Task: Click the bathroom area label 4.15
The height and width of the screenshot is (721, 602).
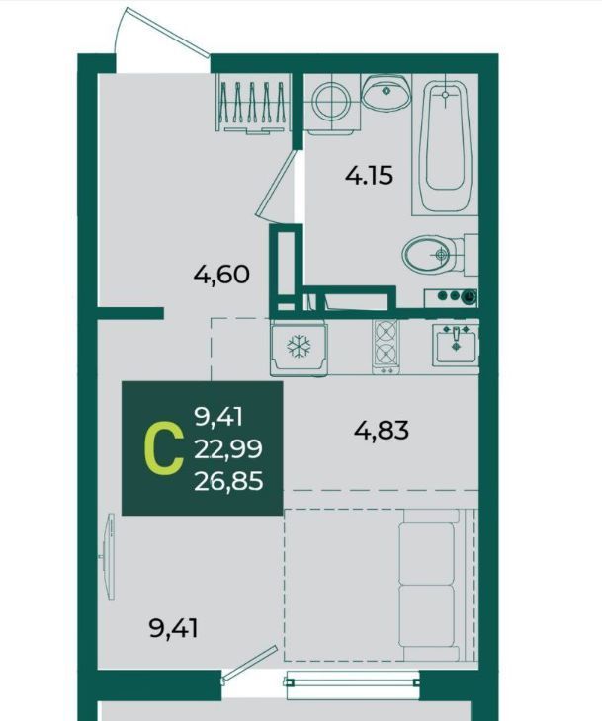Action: tap(369, 175)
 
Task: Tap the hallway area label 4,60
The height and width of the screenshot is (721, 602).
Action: tap(221, 275)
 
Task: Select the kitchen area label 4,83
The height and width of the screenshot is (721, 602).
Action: tap(382, 431)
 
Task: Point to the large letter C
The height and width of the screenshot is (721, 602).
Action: tap(163, 449)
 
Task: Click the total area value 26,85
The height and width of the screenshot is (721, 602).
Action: tap(228, 481)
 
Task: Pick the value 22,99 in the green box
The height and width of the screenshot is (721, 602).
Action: tap(228, 449)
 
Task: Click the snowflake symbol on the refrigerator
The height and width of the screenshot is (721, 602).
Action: tap(299, 347)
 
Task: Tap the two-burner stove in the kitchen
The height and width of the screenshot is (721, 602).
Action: tap(387, 347)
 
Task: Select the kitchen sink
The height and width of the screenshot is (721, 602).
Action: tap(456, 344)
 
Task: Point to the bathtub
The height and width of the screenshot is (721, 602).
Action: tap(445, 144)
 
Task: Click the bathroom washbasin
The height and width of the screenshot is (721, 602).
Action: tap(386, 92)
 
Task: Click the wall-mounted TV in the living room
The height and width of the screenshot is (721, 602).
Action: tap(109, 557)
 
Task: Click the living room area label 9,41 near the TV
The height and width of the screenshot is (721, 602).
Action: tap(174, 628)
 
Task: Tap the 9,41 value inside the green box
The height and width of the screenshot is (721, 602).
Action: tap(218, 418)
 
